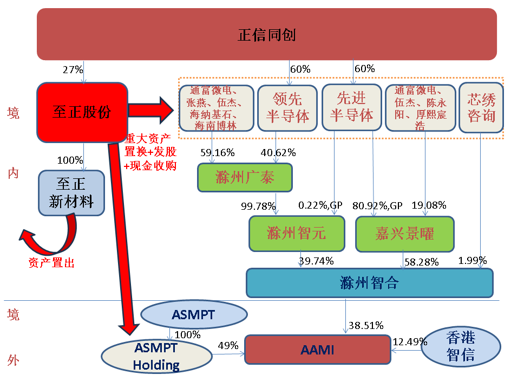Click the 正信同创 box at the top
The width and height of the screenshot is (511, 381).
(266, 34)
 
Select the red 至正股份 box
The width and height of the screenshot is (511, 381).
(82, 112)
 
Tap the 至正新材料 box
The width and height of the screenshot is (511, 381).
(71, 193)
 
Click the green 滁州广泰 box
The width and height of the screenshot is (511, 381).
(245, 177)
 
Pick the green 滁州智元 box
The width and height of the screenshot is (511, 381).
(296, 234)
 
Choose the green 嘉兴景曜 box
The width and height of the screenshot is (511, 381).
(404, 234)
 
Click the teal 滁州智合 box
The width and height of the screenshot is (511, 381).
(370, 282)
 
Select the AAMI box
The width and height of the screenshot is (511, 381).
(317, 350)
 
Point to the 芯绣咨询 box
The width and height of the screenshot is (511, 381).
(481, 107)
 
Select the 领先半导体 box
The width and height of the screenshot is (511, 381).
(287, 107)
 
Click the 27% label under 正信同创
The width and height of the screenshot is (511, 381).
(73, 69)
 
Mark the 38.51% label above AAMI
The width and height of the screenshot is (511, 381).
(366, 325)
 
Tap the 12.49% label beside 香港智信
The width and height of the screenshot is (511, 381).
(410, 341)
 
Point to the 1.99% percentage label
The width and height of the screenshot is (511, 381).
(472, 261)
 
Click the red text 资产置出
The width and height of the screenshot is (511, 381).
(51, 263)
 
